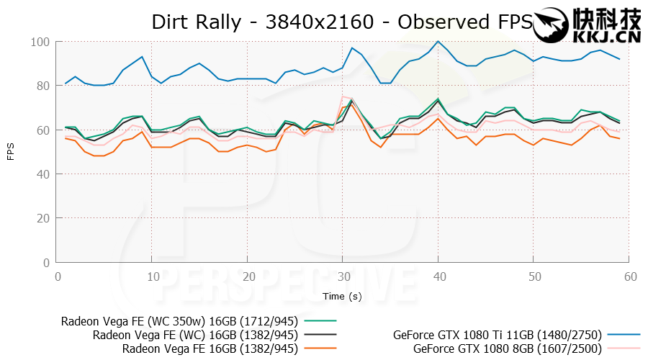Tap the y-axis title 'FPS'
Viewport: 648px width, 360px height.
tap(10, 153)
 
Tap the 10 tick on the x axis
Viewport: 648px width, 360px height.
tap(152, 276)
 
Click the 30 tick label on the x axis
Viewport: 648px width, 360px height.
tap(343, 276)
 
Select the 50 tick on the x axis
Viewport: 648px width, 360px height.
tap(534, 276)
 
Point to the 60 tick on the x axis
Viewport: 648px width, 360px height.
tap(630, 276)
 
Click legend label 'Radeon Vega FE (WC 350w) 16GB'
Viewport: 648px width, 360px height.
tap(179, 321)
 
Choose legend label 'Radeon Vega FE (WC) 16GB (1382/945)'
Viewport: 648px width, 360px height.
tap(195, 335)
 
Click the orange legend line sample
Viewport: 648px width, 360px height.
tap(320, 349)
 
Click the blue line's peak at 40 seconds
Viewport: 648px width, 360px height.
tap(438, 42)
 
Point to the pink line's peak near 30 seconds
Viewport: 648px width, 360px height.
tap(343, 96)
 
